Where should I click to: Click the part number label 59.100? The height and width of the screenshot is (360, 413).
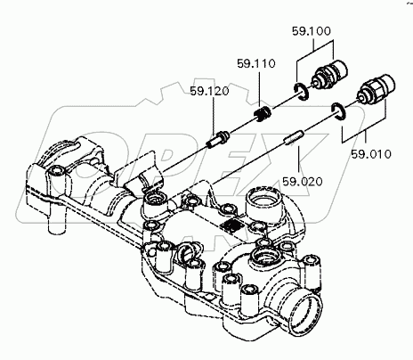pos(312,31)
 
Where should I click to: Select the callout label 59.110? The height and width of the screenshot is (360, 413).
pos(256,63)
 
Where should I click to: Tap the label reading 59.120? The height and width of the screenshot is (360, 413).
pos(209,91)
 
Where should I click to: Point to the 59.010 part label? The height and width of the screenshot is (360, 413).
pos(371,154)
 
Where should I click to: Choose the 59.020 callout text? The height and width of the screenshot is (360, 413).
pos(302,182)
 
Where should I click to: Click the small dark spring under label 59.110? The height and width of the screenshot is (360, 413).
pos(263,115)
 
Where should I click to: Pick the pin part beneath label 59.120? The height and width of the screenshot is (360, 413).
pos(218,139)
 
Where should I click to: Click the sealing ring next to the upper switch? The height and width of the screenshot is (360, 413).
pos(302,92)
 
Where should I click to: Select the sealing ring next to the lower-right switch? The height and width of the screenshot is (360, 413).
pos(338,111)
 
